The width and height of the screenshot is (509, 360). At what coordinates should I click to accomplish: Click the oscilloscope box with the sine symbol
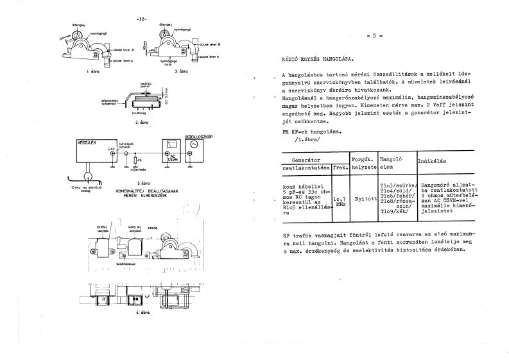click(x=191, y=149)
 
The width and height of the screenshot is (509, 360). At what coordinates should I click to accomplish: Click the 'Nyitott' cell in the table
click(x=365, y=199)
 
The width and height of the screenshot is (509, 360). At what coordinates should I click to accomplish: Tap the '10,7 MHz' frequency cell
click(x=340, y=201)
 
